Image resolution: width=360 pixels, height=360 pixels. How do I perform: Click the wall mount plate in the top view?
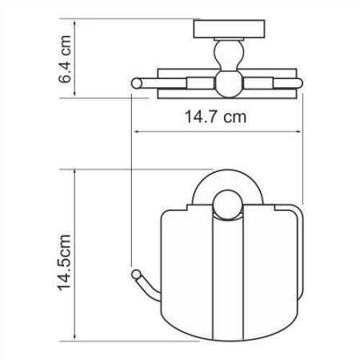tap(219, 31)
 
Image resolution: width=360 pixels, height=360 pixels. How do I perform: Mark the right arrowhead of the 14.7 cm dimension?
tap(301, 131)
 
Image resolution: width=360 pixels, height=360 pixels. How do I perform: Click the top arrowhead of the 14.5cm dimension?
tap(78, 171)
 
